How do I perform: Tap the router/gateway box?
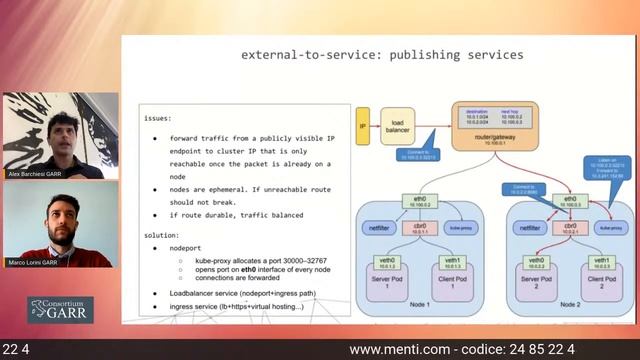486,124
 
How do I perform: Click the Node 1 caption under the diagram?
420,305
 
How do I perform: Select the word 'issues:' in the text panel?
157,117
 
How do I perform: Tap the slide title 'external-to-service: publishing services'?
382,55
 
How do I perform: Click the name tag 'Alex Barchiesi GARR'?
34,174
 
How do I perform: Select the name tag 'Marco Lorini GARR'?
33,262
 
